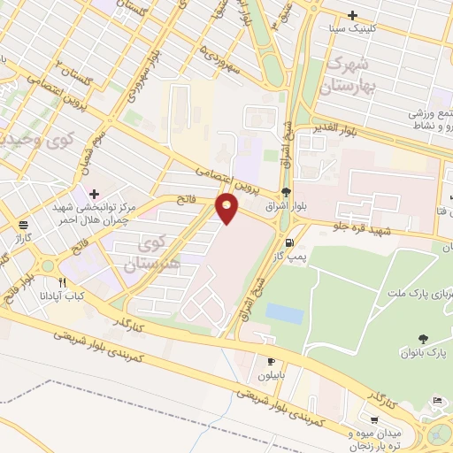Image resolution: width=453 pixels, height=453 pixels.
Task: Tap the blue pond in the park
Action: coord(284,313)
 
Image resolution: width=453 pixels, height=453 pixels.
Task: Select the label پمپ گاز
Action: coord(288,257)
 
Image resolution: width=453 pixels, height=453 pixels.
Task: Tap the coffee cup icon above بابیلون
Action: coord(272,361)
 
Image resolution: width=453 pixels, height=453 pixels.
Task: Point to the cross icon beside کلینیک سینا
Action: coord(353,15)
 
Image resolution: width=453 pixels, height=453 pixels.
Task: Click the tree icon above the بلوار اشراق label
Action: coord(286,191)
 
